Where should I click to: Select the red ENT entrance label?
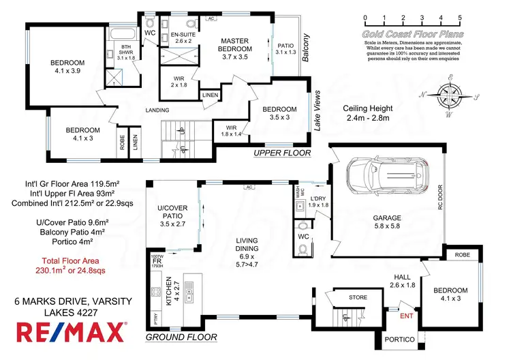(406, 315)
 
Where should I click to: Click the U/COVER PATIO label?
(172, 216)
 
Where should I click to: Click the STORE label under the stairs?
(358, 297)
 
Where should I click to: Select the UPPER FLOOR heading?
(281, 153)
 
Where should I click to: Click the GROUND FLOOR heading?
(182, 337)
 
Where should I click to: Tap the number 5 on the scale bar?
(460, 18)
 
